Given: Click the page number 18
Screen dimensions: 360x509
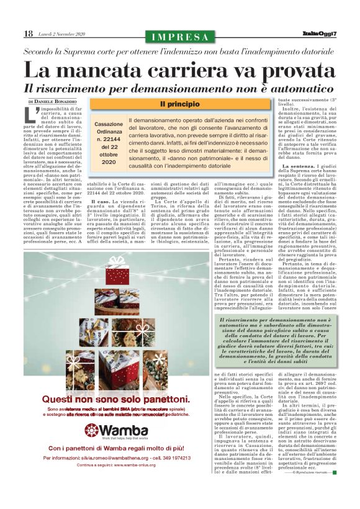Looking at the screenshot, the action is [28, 34].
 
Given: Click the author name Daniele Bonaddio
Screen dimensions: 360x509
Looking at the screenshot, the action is [58, 101].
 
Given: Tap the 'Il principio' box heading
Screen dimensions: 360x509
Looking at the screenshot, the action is [179, 104].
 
